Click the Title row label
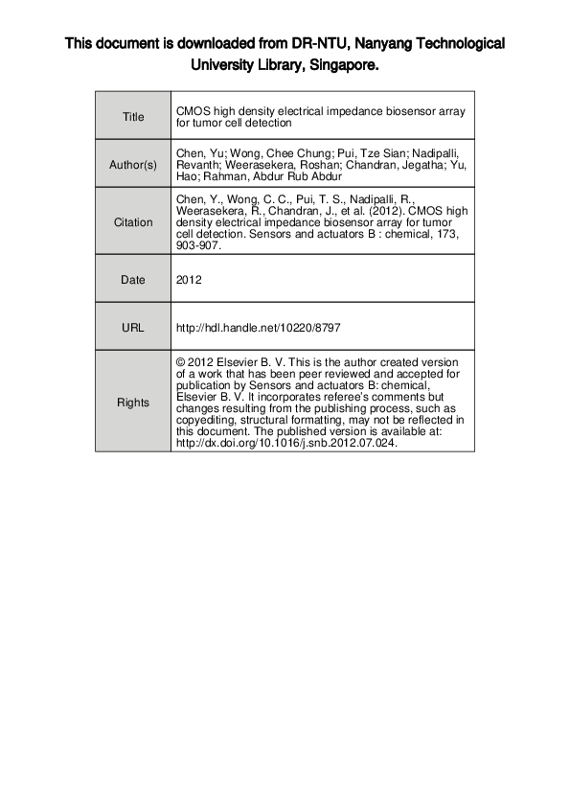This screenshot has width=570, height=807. pos(133,117)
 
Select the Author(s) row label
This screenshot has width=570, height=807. pos(133,165)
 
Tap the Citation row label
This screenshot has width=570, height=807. pos(133,222)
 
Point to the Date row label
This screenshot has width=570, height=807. pos(133,281)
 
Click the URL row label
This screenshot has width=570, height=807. pos(133,328)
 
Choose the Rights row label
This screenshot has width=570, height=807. pos(133,403)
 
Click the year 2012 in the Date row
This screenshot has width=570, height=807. pos(188,281)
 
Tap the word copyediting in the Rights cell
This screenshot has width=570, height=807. pos(206,421)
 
